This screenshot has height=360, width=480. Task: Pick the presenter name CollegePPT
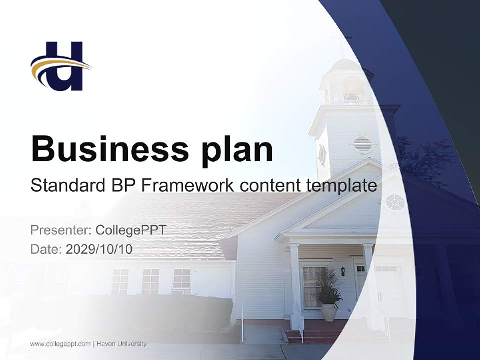130,230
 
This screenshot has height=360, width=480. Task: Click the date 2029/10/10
99,249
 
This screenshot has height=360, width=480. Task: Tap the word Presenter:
61,230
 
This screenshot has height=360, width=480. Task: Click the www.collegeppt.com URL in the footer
60,344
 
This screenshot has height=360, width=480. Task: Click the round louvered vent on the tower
363,144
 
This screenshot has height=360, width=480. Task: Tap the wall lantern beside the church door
343,271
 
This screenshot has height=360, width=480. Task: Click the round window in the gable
395,202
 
